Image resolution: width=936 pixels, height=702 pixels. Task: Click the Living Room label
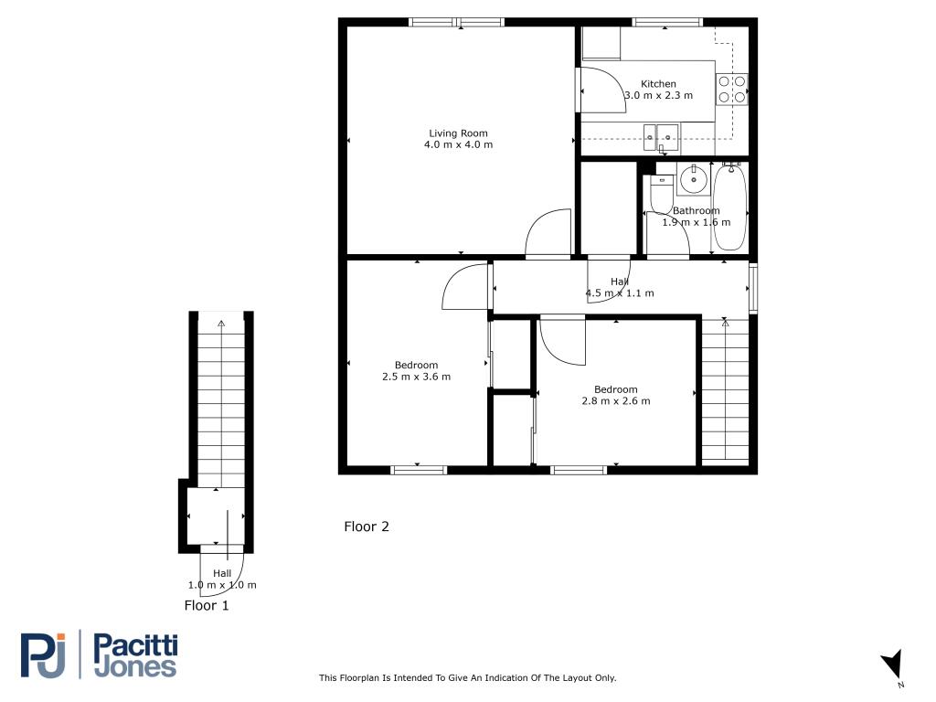tap(459, 133)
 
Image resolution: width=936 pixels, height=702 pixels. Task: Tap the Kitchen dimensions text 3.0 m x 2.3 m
tap(658, 95)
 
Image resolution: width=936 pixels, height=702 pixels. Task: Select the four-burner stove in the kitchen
tap(732, 89)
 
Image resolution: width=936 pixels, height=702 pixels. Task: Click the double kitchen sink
tap(661, 137)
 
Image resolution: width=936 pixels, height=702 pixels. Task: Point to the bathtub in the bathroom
tap(729, 207)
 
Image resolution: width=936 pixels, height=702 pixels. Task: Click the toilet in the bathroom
tap(661, 194)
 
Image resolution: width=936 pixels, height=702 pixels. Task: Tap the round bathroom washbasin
tap(693, 178)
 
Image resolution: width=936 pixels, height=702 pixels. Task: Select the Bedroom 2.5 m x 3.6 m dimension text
tap(416, 377)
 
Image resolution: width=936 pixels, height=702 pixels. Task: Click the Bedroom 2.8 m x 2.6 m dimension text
tap(615, 401)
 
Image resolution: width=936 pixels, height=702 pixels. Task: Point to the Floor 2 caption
tap(366, 526)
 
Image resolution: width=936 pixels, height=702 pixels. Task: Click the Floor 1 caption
tap(206, 606)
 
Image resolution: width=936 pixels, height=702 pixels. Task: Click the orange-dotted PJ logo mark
tap(42, 654)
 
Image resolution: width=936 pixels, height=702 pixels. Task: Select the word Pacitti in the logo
tap(135, 646)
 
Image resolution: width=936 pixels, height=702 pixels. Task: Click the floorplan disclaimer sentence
tap(467, 677)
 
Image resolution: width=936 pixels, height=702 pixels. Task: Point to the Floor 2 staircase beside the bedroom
tap(725, 391)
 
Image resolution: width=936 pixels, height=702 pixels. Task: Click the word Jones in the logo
tap(135, 666)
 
